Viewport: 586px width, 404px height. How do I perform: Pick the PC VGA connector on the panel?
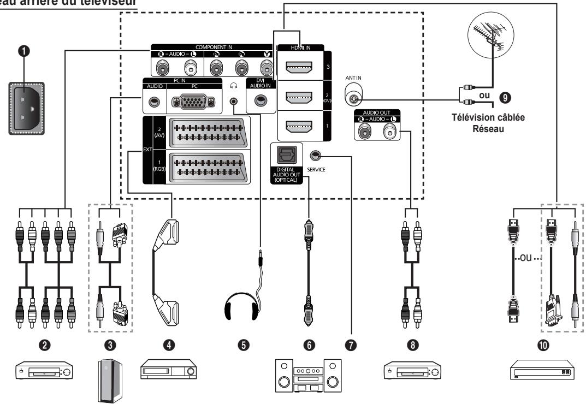191,101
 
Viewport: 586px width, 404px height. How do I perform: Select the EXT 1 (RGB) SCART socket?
208,166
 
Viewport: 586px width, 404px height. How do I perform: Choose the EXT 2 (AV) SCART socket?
208,133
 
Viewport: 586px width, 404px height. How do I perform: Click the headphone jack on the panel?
235,101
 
